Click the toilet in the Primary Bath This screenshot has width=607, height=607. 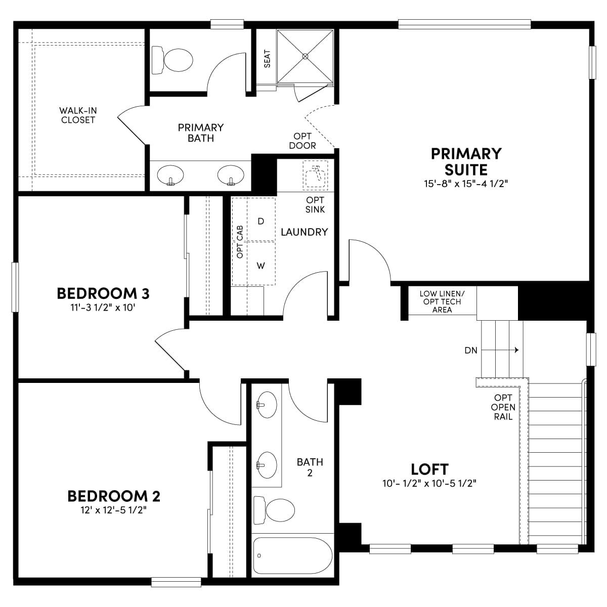click(172, 60)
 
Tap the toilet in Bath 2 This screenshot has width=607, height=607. click(274, 510)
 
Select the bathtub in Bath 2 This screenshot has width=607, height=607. click(293, 555)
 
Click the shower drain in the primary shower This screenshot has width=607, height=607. click(305, 56)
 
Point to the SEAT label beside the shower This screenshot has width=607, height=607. click(267, 59)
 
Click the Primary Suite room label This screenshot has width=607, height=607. click(466, 162)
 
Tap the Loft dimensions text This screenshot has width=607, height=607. click(429, 483)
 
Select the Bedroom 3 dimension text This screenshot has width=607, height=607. click(103, 307)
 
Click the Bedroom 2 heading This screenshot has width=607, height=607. click(114, 496)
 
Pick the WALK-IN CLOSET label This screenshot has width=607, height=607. click(78, 115)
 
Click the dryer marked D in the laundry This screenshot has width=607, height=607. click(261, 220)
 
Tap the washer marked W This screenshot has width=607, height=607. click(261, 264)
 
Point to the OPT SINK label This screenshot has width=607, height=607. click(315, 205)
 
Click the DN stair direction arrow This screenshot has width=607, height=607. click(500, 350)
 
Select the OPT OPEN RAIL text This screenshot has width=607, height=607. click(503, 407)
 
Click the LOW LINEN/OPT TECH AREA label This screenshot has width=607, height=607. click(442, 302)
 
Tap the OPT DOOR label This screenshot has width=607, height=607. click(302, 141)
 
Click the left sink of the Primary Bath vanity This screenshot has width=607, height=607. click(170, 175)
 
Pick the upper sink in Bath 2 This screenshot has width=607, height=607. click(267, 405)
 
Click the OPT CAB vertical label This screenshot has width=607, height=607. click(240, 242)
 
